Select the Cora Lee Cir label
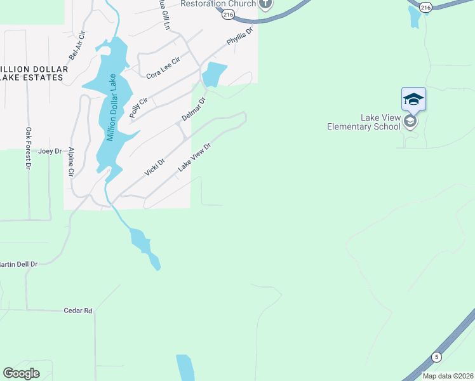pos(163,68)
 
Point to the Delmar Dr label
pos(194,109)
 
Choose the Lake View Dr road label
pos(194,156)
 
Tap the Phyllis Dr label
pos(240,36)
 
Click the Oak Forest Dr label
pos(28,149)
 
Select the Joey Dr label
pos(50,151)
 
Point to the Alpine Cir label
pos(71,163)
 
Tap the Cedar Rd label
pos(78,311)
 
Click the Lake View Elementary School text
pos(363,122)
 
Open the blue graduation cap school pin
pos(413,98)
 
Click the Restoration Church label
pos(218,4)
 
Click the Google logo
pos(22,373)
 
